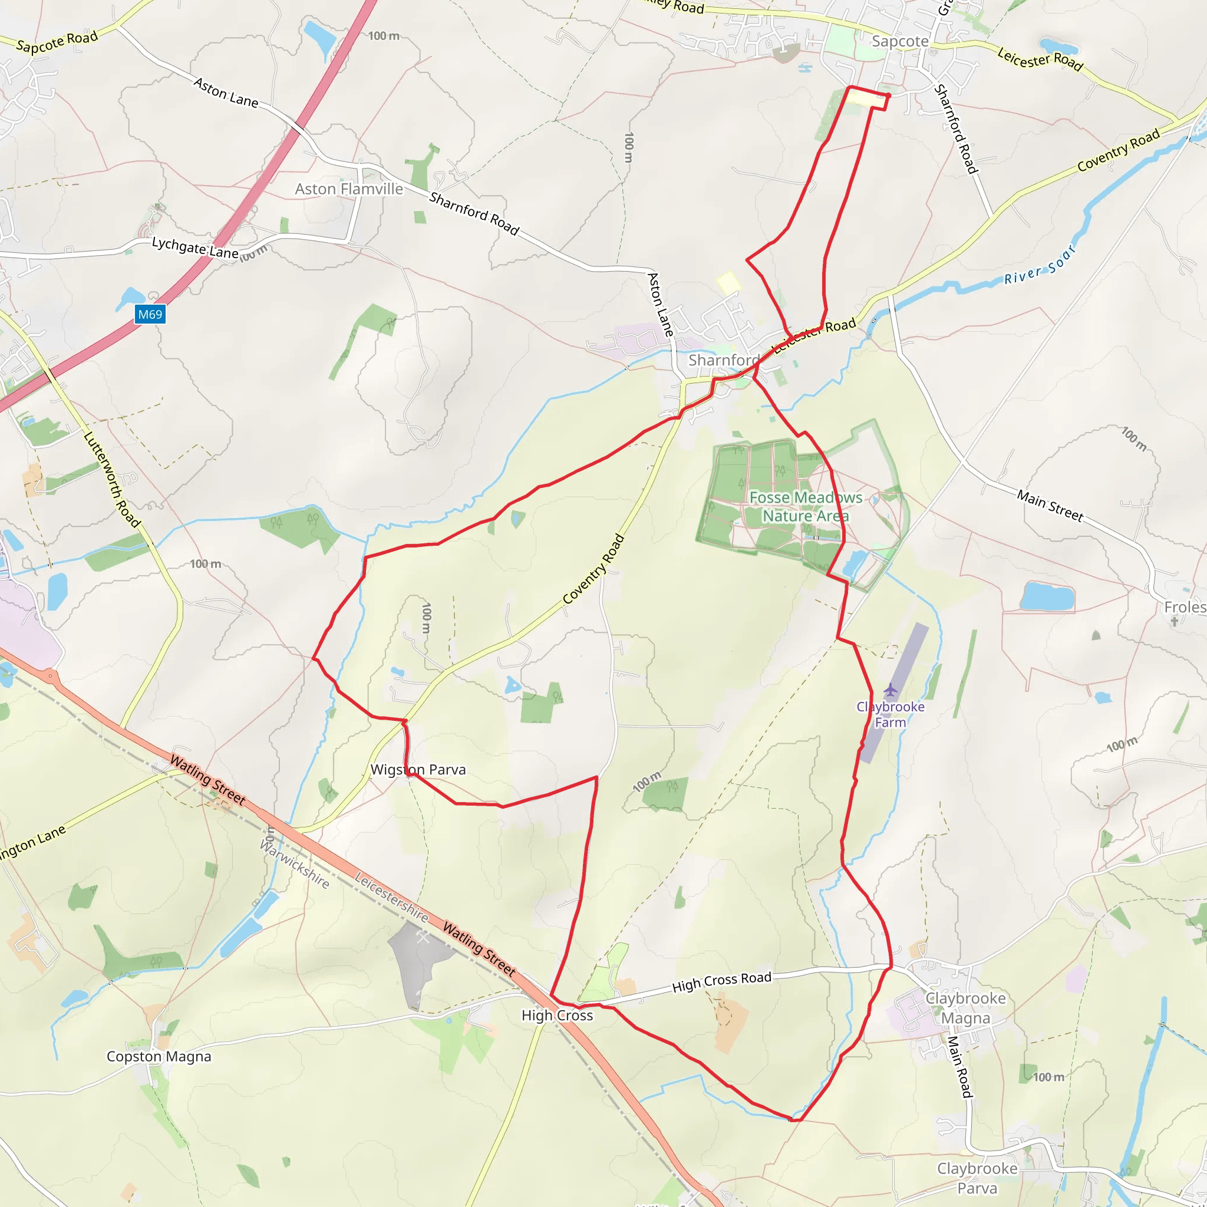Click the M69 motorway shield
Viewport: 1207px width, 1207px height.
(x=150, y=314)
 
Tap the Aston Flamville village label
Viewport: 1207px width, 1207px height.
(x=349, y=189)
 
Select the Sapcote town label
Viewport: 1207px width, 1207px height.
(x=899, y=41)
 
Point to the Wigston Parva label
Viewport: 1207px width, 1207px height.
(x=418, y=770)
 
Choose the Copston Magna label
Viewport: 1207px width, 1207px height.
(x=159, y=1057)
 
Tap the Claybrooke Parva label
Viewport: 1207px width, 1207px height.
(x=977, y=1178)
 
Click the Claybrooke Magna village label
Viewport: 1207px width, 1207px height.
(x=965, y=1008)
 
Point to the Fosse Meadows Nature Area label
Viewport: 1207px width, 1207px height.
(x=805, y=507)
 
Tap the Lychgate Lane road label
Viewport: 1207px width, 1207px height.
(x=195, y=248)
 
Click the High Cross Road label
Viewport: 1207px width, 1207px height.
(x=721, y=982)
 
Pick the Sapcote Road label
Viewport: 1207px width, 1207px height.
(x=57, y=42)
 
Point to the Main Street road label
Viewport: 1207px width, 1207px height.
(x=1050, y=506)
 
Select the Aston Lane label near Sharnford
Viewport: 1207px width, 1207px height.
(x=659, y=304)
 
